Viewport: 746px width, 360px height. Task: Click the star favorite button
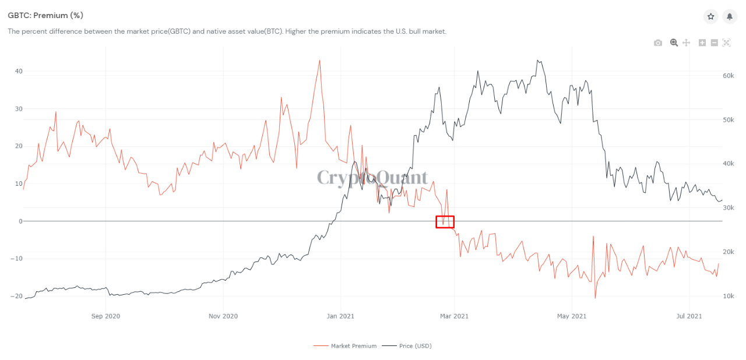tap(711, 17)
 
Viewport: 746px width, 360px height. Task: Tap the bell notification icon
tap(730, 17)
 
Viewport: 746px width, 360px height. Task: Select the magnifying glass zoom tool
tap(674, 43)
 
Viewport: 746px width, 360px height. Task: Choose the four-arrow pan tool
tap(686, 43)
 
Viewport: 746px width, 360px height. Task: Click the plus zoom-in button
tap(702, 43)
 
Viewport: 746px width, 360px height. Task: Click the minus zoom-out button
tap(714, 43)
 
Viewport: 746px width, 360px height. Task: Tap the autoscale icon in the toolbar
tap(726, 43)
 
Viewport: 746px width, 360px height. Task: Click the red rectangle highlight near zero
tap(445, 221)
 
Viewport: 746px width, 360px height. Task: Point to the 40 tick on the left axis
tap(19, 71)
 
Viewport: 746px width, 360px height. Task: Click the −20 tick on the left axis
tap(16, 296)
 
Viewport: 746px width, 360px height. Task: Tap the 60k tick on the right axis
tap(728, 76)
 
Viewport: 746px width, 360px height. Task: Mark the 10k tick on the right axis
tap(728, 296)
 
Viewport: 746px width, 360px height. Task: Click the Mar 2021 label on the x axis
tap(453, 316)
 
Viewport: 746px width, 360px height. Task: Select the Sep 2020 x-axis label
tap(105, 316)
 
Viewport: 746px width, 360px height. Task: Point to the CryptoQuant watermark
tap(372, 178)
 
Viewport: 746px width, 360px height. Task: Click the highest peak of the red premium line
tap(319, 60)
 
